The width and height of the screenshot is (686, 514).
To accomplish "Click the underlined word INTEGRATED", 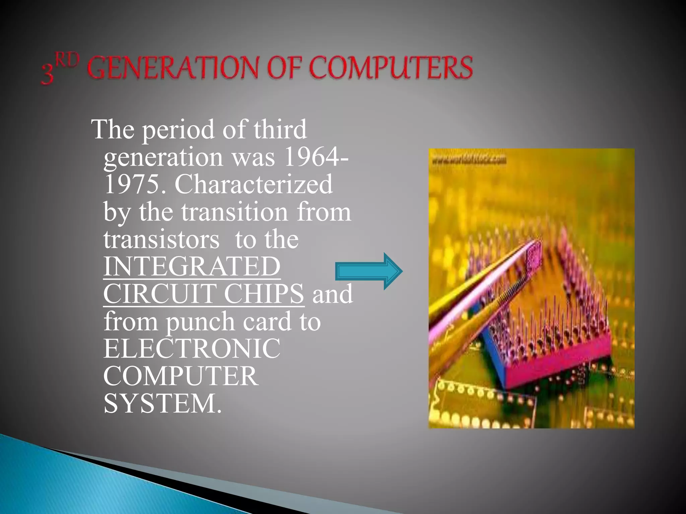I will coord(192,266).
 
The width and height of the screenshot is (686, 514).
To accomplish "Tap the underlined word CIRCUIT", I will coord(160,293).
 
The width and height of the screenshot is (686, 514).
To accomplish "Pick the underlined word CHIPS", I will coord(264,293).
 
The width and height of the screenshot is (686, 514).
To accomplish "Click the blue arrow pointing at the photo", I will coord(368,271).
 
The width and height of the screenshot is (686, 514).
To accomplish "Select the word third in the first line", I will coord(280,129).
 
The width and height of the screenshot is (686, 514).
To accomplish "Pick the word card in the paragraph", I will coord(267,321).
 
